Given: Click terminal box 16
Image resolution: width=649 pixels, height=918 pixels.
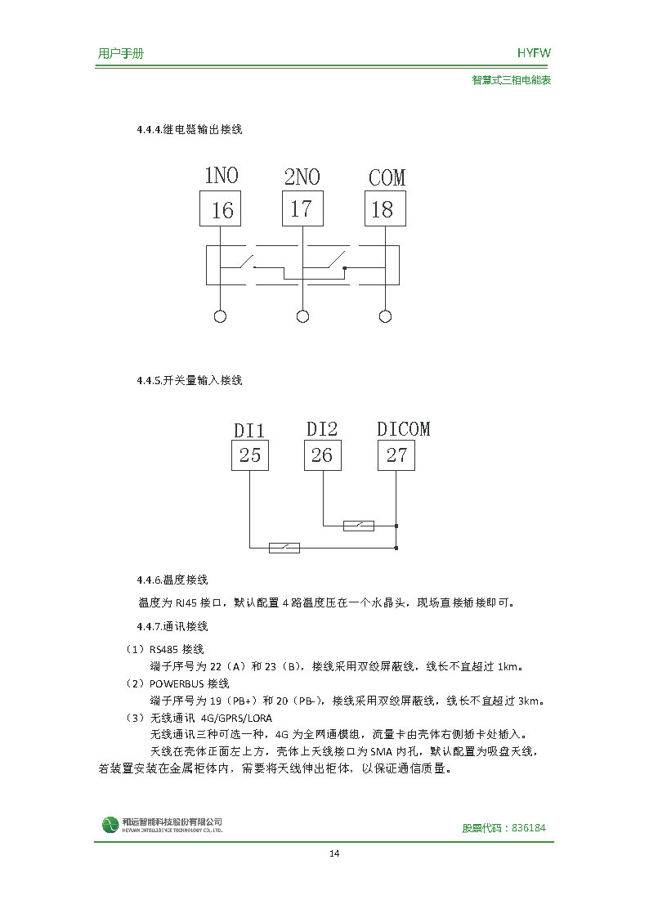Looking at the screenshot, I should pos(221,209).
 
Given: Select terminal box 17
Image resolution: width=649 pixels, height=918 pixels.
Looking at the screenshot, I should pos(302,208).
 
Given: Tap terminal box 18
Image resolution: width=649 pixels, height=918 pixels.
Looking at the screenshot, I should pos(384,208).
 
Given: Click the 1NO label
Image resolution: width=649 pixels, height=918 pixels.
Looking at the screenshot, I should pos(221,176).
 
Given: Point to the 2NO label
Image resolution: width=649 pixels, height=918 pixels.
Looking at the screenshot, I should pos(302,177).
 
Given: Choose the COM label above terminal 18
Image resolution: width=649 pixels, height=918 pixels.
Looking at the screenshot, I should pos(386,177).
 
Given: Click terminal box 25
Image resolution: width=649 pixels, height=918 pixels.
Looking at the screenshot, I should pos(249,455).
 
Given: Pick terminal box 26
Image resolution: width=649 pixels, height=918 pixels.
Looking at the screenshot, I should pos(323,455).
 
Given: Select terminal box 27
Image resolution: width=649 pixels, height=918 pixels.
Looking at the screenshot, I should pos(396,455).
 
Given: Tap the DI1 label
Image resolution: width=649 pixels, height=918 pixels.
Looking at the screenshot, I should pos(249,430).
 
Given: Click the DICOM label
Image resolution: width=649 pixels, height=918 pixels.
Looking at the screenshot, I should pos(403,428).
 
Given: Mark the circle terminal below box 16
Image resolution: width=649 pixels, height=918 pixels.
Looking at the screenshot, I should pos(220,316).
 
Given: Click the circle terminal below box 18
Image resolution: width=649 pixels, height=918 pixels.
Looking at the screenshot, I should pos(385,316).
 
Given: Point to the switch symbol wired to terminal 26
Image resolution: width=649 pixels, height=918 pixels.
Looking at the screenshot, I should pos(359,525).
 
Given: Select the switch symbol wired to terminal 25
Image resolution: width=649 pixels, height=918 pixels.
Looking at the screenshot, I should pos(284,547).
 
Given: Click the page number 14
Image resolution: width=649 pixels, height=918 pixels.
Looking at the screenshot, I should pos(333,854).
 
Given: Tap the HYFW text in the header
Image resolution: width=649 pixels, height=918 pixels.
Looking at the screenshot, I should pos(534,53).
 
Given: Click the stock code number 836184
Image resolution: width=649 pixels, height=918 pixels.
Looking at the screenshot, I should pos(529,827).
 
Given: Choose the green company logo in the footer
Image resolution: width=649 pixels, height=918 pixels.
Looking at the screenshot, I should pos(110,825).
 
